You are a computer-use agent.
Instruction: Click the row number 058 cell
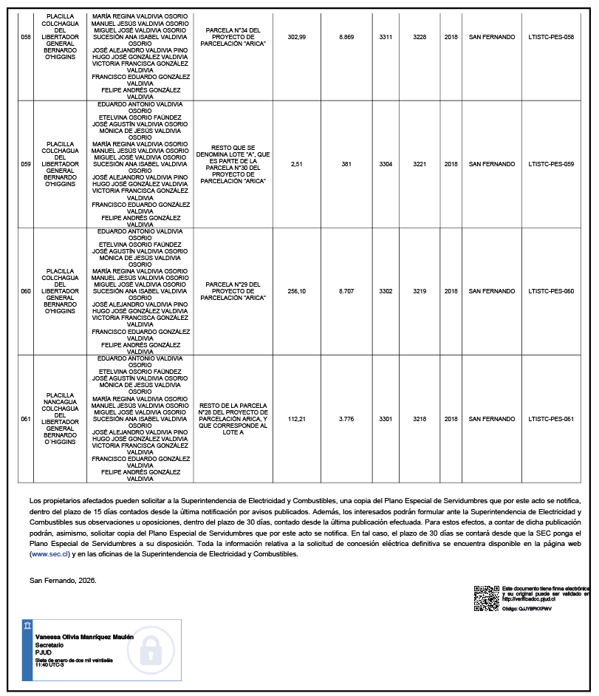point(26,37)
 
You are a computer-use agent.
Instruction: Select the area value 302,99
point(297,37)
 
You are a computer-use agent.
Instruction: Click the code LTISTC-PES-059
point(551,164)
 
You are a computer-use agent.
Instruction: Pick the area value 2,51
point(297,164)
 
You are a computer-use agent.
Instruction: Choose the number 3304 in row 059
point(386,164)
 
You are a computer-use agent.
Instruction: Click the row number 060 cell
point(26,291)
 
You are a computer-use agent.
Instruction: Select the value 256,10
point(297,291)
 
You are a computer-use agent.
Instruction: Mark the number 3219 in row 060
point(420,291)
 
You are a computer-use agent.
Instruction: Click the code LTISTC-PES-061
point(551,419)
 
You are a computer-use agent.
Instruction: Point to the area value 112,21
point(297,419)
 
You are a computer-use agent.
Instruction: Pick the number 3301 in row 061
point(386,419)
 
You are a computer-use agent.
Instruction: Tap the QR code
point(486,598)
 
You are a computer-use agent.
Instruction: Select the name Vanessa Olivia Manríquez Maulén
point(84,636)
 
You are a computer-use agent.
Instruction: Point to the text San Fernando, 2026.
point(63,580)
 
